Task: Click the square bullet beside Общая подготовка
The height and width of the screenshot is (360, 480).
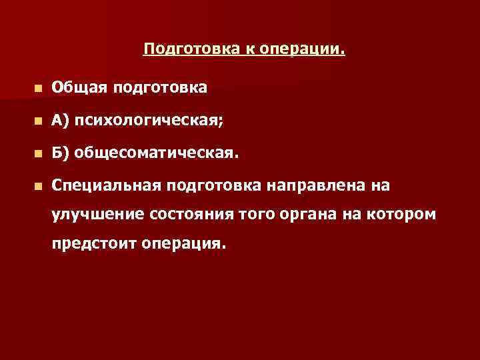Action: click(39, 87)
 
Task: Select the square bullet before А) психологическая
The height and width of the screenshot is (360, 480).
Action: click(39, 121)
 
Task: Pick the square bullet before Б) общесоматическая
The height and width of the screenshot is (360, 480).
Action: click(39, 154)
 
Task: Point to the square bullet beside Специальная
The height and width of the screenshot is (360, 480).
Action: click(39, 186)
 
